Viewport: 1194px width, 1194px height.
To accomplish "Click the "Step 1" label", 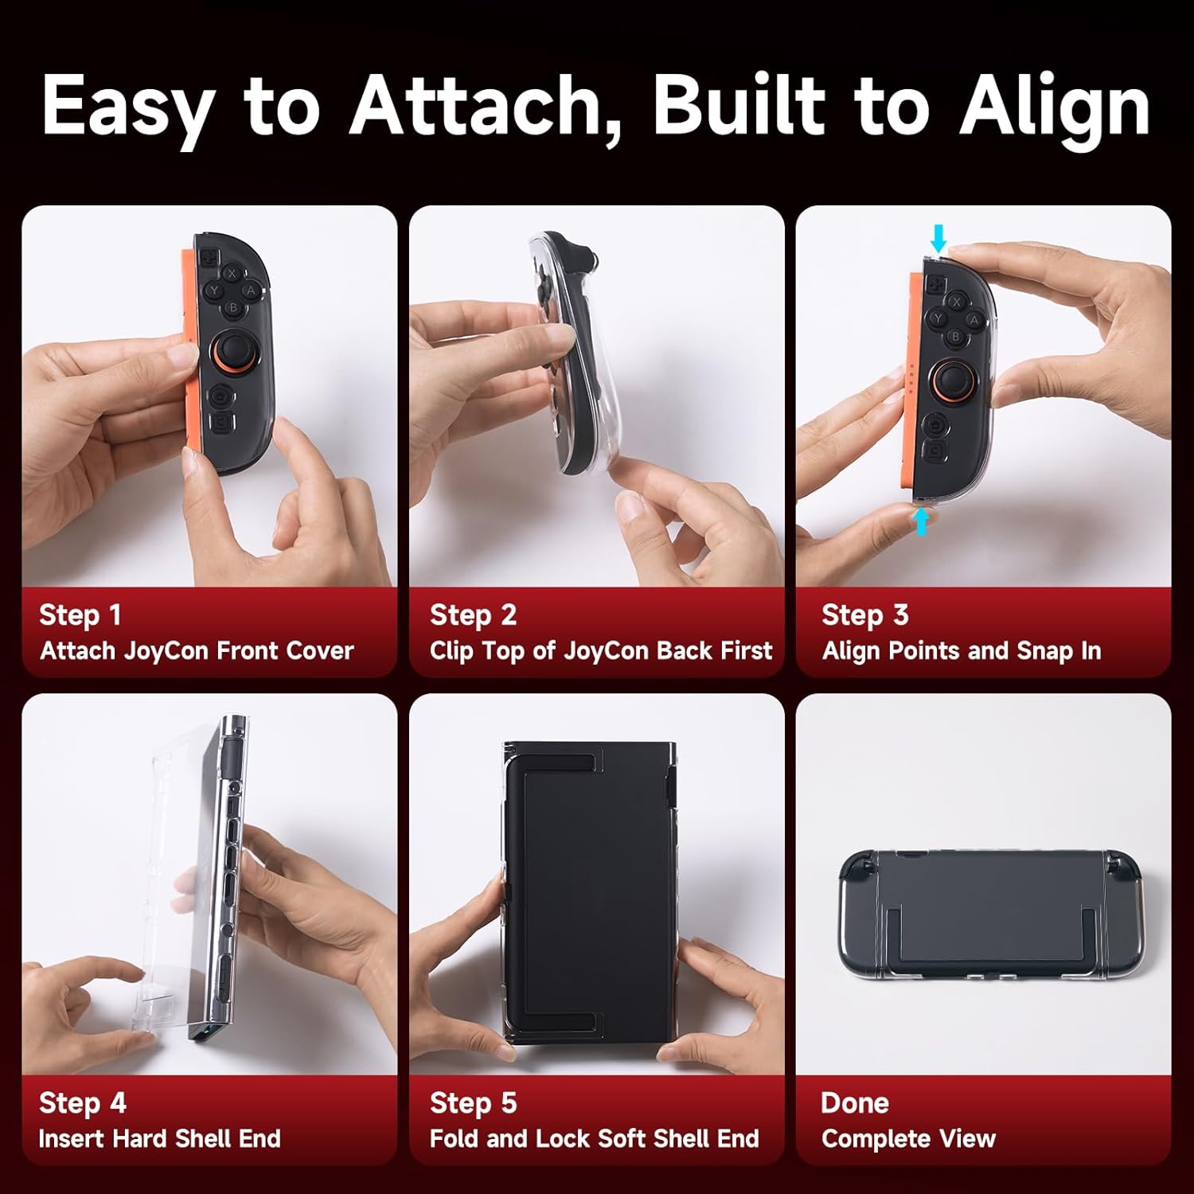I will tap(80, 615).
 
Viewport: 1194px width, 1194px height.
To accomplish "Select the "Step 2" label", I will tap(473, 615).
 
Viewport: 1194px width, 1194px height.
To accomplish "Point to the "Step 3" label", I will tap(864, 615).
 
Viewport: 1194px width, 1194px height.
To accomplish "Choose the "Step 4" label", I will tap(82, 1103).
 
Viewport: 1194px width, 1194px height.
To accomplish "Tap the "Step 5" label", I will tap(473, 1103).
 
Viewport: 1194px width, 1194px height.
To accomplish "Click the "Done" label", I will tap(854, 1103).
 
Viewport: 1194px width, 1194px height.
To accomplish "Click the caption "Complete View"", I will tap(908, 1139).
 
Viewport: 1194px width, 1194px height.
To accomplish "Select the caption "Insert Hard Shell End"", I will tap(159, 1139).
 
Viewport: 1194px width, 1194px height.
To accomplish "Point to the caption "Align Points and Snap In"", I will tap(961, 651).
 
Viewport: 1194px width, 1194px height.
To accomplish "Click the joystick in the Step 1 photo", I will tap(233, 350).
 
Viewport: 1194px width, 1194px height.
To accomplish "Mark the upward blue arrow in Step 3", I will tap(921, 521).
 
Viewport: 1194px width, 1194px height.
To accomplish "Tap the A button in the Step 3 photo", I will tap(973, 321).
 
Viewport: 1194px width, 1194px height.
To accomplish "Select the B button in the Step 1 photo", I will tap(233, 307).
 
